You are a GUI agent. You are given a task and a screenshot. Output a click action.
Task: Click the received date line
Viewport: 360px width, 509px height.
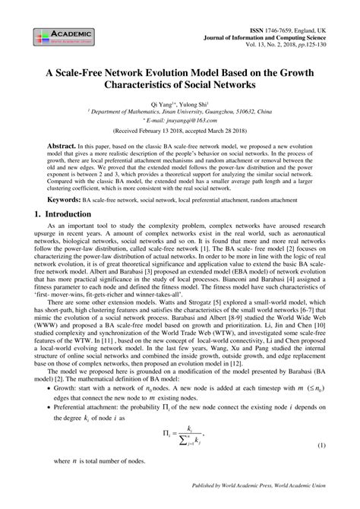(179, 131)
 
